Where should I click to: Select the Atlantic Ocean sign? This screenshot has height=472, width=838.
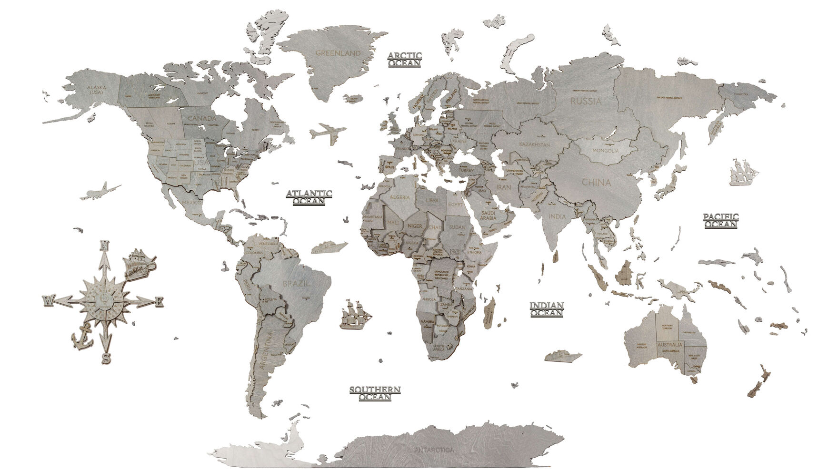309,197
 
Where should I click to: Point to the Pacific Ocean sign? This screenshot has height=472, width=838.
721,220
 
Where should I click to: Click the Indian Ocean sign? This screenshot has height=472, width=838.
547,309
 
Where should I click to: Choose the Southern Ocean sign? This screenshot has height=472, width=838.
375,393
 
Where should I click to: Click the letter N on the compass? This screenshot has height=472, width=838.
104,246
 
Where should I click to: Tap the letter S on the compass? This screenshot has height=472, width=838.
106,358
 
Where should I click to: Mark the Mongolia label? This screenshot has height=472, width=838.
605,151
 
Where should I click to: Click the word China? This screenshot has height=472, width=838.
596,182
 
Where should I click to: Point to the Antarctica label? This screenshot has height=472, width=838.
434,449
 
